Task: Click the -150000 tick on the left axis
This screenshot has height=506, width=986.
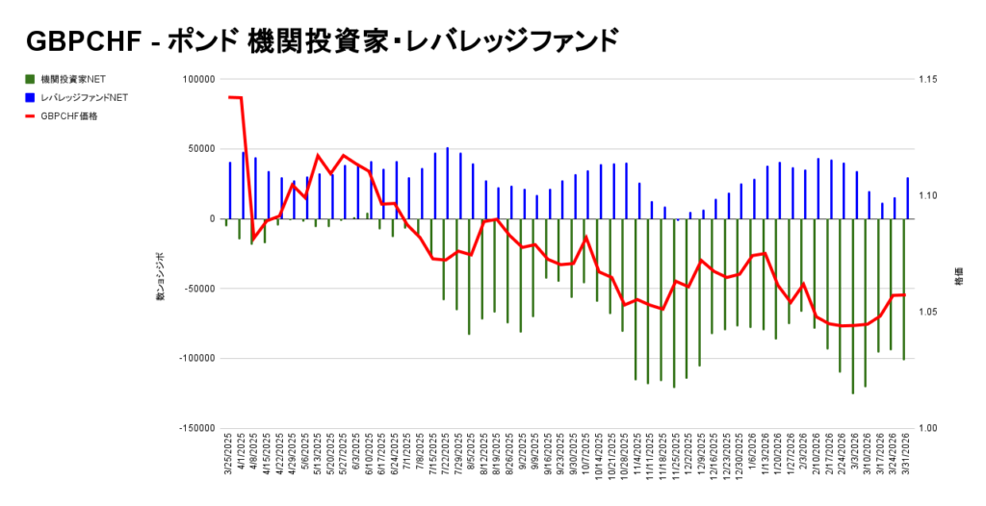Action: (x=195, y=428)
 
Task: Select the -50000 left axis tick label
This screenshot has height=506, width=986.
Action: (x=196, y=289)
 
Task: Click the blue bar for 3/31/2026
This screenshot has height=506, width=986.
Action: (x=907, y=198)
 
